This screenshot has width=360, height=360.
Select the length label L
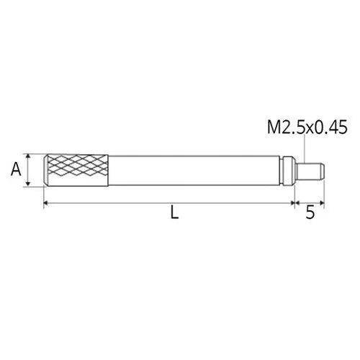[174, 213]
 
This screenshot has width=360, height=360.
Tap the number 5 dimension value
[309, 213]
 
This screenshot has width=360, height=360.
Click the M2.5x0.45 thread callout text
[307, 128]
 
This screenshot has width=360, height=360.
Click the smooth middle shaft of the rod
[194, 171]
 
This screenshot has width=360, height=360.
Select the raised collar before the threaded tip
[289, 171]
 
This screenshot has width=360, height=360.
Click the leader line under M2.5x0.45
[306, 150]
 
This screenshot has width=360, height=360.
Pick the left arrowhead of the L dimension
[47, 204]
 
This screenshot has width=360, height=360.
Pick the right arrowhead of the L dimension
[289, 204]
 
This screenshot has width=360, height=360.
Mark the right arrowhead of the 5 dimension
[321, 204]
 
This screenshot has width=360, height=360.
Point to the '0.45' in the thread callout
[332, 128]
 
